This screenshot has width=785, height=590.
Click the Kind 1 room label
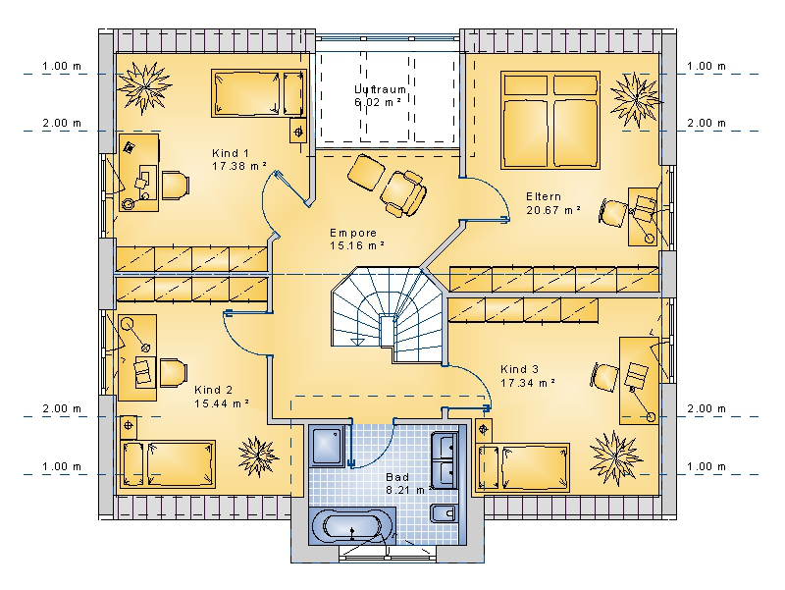pyautogui.click(x=231, y=153)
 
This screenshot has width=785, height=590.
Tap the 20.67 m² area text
pyautogui.click(x=553, y=210)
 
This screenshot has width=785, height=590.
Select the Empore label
pyautogui.click(x=353, y=233)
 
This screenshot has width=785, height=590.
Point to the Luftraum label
pyautogui.click(x=380, y=89)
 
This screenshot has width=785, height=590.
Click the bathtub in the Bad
pyautogui.click(x=352, y=526)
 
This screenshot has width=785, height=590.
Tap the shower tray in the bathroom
pyautogui.click(x=326, y=446)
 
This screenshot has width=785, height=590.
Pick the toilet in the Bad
pyautogui.click(x=445, y=513)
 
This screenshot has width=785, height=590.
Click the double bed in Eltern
pyautogui.click(x=550, y=120)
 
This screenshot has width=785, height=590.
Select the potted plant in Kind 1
pyautogui.click(x=144, y=87)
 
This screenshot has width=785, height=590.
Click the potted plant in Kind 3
pyautogui.click(x=615, y=457)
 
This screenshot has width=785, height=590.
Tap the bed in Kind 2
pyautogui.click(x=169, y=464)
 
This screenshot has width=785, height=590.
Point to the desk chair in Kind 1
pyautogui.click(x=175, y=186)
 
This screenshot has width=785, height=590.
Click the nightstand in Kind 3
pyautogui.click(x=484, y=429)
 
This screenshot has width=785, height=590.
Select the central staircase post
pyautogui.click(x=387, y=331)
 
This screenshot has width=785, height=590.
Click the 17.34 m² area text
pyautogui.click(x=528, y=383)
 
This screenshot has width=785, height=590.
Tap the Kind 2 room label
pyautogui.click(x=213, y=390)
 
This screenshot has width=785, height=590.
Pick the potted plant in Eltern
pyautogui.click(x=636, y=100)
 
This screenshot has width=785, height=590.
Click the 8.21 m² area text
pyautogui.click(x=408, y=490)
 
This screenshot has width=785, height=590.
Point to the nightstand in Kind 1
pyautogui.click(x=298, y=132)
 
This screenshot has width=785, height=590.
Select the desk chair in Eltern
pyautogui.click(x=611, y=213)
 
